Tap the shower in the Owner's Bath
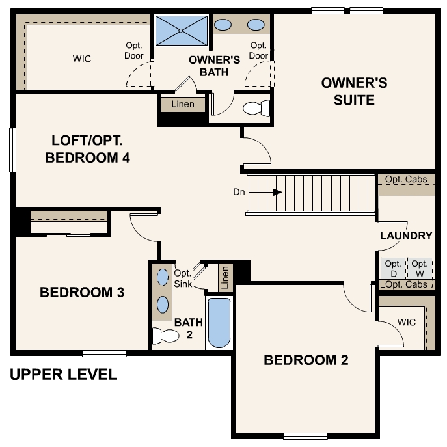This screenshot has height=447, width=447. pyautogui.click(x=180, y=31)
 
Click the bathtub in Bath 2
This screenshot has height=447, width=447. pyautogui.click(x=219, y=323)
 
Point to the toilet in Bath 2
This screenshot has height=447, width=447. pyautogui.click(x=165, y=336)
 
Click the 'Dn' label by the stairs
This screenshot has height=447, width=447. pyautogui.click(x=239, y=192)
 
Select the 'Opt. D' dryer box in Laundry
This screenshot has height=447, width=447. pyautogui.click(x=392, y=268)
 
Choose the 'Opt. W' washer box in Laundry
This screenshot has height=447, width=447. pyautogui.click(x=420, y=268)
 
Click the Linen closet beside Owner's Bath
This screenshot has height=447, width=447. pyautogui.click(x=183, y=105)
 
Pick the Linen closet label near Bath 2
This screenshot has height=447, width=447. pyautogui.click(x=225, y=278)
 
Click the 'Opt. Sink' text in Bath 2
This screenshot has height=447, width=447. pyautogui.click(x=183, y=278)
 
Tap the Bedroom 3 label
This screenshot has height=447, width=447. pyautogui.click(x=82, y=293)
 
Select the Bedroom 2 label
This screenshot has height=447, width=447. pyautogui.click(x=306, y=360)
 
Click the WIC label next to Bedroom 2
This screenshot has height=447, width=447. pyautogui.click(x=407, y=322)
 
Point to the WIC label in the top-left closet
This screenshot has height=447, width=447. pyautogui.click(x=82, y=59)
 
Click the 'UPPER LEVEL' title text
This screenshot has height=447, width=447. pyautogui.click(x=64, y=375)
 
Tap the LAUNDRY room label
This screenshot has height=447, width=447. pyautogui.click(x=406, y=236)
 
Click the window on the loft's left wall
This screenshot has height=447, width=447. pyautogui.click(x=12, y=150)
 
